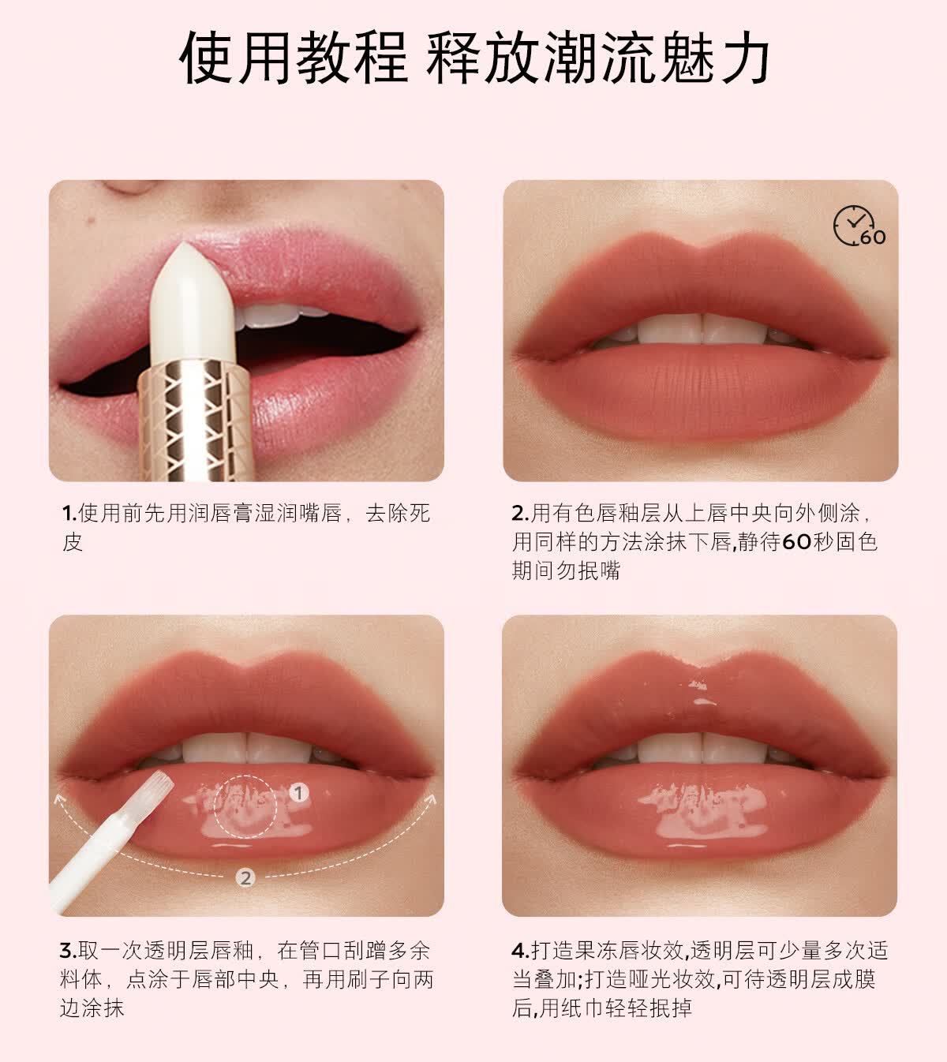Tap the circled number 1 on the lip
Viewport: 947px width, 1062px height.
pyautogui.click(x=298, y=793)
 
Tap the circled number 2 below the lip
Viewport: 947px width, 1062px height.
pyautogui.click(x=246, y=877)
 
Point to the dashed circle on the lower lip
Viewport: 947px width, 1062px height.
pyautogui.click(x=245, y=805)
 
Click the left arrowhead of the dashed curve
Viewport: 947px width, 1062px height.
pyautogui.click(x=59, y=799)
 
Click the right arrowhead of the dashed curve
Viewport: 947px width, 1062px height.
pyautogui.click(x=431, y=798)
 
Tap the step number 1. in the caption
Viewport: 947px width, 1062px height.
pyautogui.click(x=69, y=514)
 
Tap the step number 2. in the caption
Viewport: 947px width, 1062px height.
pyautogui.click(x=520, y=514)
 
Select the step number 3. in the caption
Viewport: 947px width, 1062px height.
pyautogui.click(x=68, y=951)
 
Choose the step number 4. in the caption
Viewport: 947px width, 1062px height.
pyautogui.click(x=520, y=951)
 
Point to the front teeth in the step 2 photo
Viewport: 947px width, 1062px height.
pyautogui.click(x=701, y=330)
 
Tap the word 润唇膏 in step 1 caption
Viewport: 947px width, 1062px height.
pyautogui.click(x=229, y=514)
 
